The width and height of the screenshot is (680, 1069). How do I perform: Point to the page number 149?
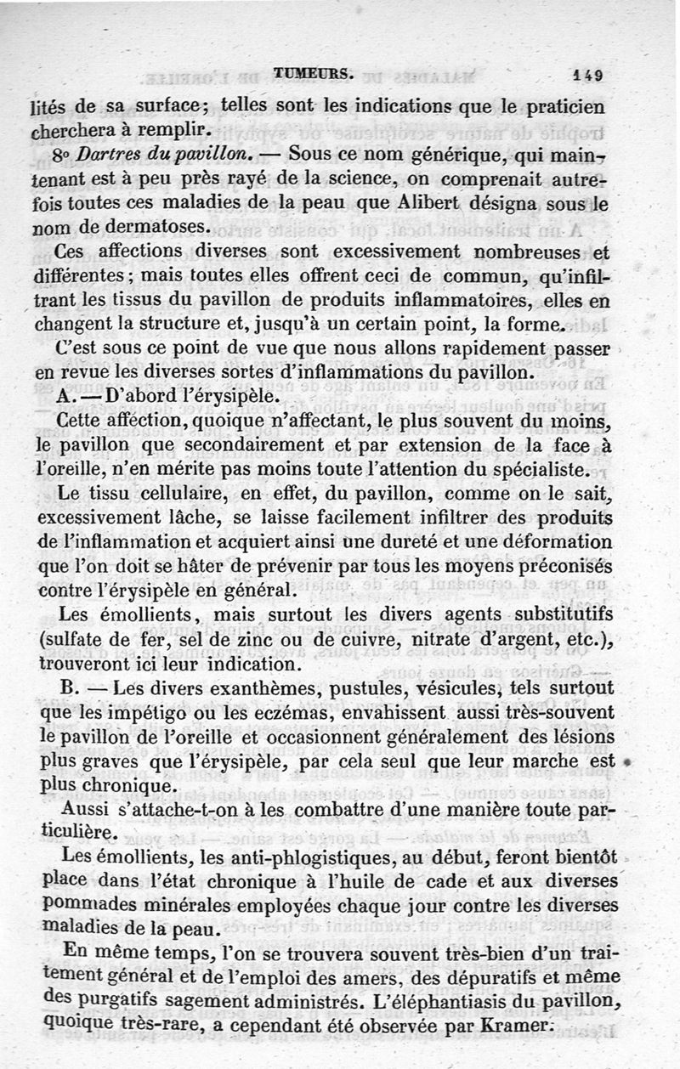(587, 75)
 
